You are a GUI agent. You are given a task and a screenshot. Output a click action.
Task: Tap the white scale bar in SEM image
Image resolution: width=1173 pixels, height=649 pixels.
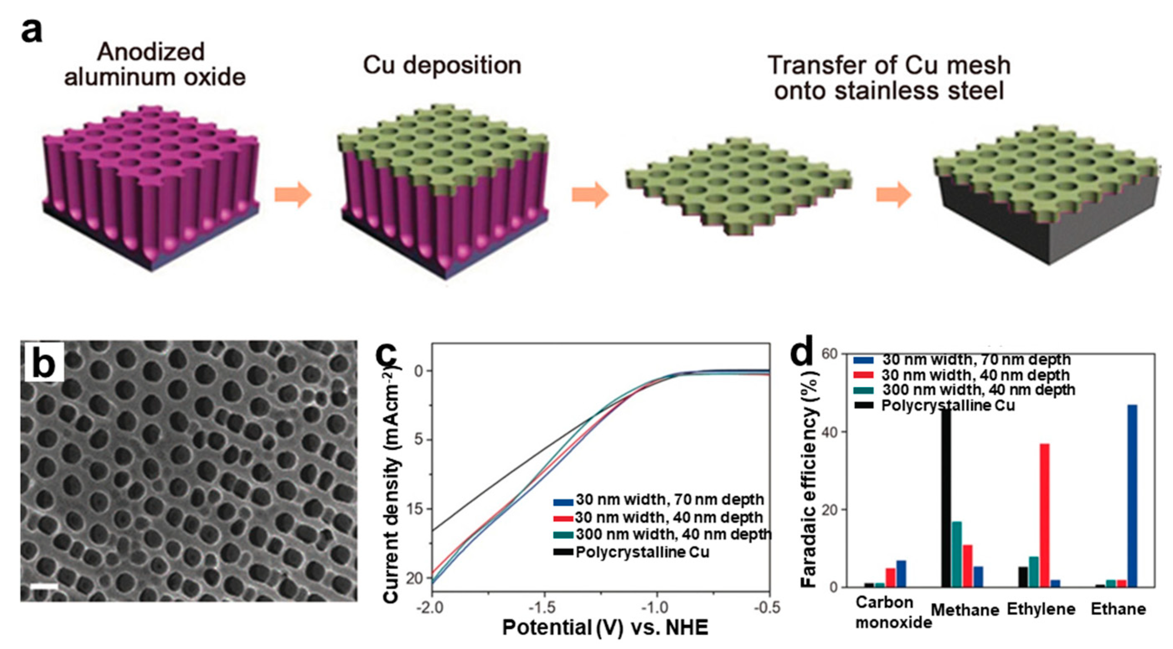(x=44, y=586)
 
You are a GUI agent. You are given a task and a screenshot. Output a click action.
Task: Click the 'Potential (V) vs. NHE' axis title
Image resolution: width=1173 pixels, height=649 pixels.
(x=605, y=628)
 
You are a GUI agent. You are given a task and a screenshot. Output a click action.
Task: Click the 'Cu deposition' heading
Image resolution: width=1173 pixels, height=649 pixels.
(x=442, y=65)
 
